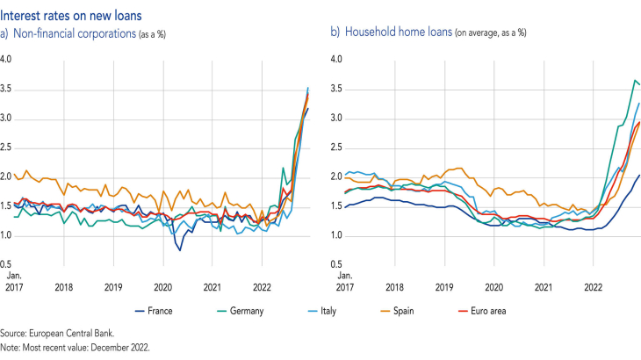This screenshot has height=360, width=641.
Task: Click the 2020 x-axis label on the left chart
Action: (x=162, y=286)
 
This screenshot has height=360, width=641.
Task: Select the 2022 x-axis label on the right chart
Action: (x=593, y=286)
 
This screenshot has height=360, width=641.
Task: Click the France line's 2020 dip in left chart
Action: (x=180, y=250)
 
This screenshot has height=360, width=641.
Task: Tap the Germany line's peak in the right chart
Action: (x=635, y=80)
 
